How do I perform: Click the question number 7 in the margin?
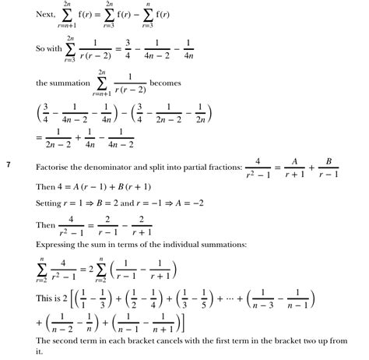[x=9, y=164]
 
